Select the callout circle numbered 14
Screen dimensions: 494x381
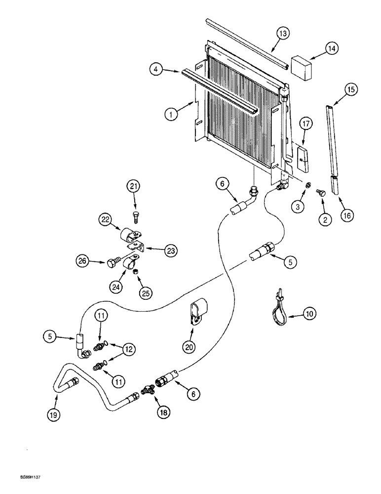(x=331, y=49)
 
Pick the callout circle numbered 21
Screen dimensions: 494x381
(x=134, y=187)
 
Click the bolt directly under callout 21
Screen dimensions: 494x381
(x=135, y=216)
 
